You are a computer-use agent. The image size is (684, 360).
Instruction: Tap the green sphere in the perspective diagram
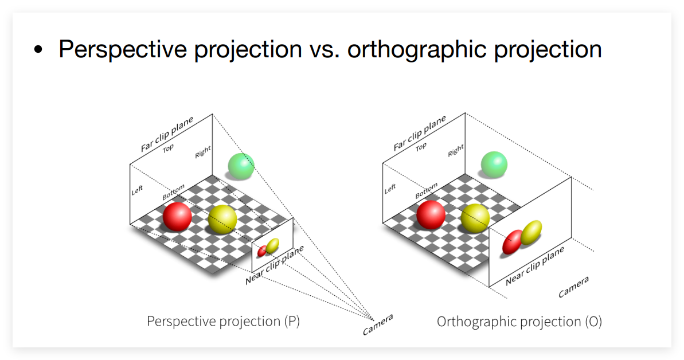[x=241, y=166]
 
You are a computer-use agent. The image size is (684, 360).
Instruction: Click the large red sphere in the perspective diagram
[x=177, y=217]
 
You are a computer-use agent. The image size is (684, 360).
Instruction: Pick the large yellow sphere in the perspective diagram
[x=222, y=220]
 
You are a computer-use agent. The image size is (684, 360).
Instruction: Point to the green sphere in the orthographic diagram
[x=494, y=165]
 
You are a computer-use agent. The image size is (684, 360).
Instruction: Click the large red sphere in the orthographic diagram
[x=431, y=215]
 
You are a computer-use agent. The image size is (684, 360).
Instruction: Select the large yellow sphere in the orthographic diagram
[x=475, y=218]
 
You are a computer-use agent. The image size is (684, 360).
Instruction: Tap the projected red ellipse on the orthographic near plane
[x=513, y=242]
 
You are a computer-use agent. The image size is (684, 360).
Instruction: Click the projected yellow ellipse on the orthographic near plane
[x=531, y=233]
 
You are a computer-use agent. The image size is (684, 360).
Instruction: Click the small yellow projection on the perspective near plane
[x=273, y=246]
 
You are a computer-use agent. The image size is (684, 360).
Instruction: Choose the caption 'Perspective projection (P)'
[x=224, y=322]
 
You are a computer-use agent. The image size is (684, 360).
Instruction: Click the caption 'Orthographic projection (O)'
[x=519, y=322]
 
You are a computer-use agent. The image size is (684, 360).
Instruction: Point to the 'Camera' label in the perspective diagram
[x=378, y=324]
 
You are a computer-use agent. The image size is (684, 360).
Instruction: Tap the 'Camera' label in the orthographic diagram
[x=574, y=287]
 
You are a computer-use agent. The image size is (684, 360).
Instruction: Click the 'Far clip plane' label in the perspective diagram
[x=167, y=134]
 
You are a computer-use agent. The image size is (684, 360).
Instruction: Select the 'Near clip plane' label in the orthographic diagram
[x=535, y=266]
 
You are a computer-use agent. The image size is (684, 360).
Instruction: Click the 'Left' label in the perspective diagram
[x=137, y=190]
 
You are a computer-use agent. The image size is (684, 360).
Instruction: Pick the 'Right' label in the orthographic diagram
[x=456, y=151]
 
